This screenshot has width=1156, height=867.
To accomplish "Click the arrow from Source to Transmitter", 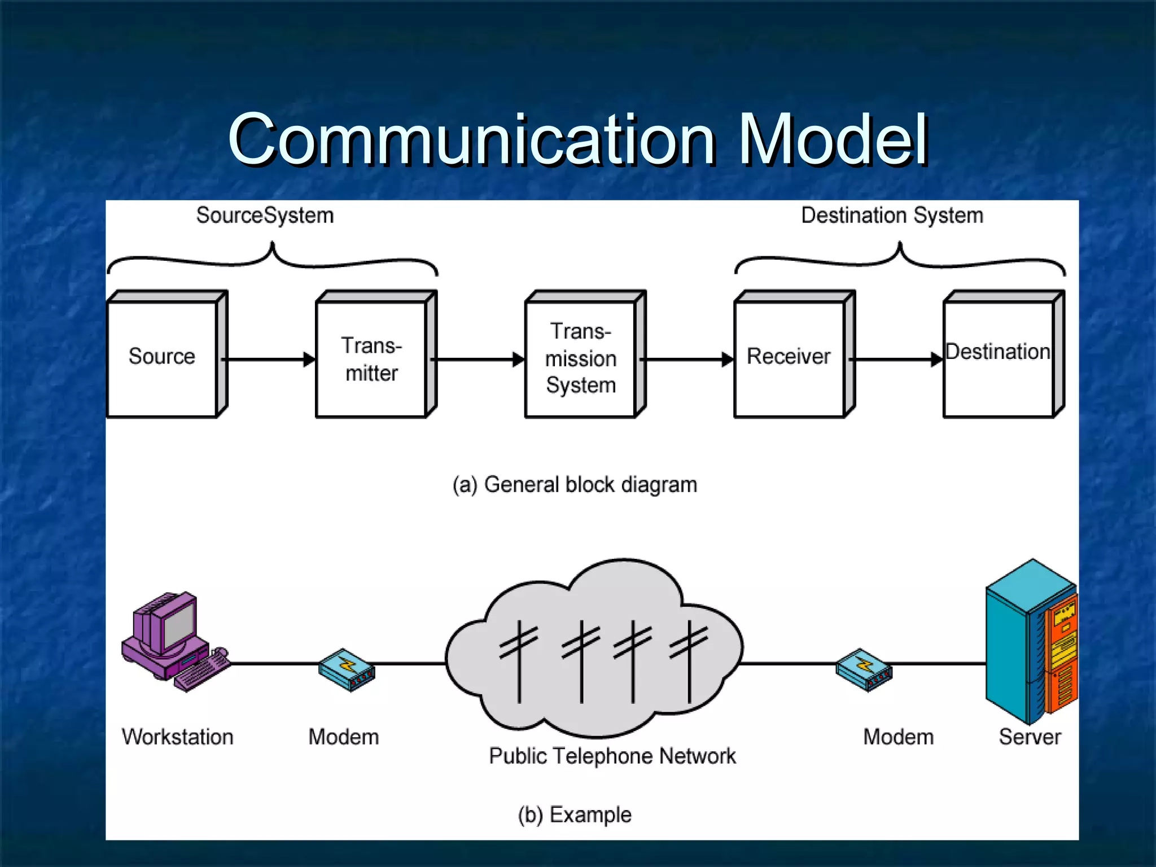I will [x=269, y=360].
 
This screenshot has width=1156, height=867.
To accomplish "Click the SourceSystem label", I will [x=265, y=216].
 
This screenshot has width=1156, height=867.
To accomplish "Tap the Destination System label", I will [x=892, y=216].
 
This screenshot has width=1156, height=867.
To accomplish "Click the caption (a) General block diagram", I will [x=575, y=485].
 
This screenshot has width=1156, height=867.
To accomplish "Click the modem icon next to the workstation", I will [x=346, y=670].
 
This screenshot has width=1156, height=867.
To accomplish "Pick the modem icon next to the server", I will [x=864, y=670].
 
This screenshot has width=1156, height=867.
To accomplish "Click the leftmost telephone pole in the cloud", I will [x=519, y=660].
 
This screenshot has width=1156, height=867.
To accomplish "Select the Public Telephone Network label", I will [x=612, y=756].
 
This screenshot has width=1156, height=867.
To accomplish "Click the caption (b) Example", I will [x=575, y=815].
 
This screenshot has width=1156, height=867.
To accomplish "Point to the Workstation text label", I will [x=177, y=737].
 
